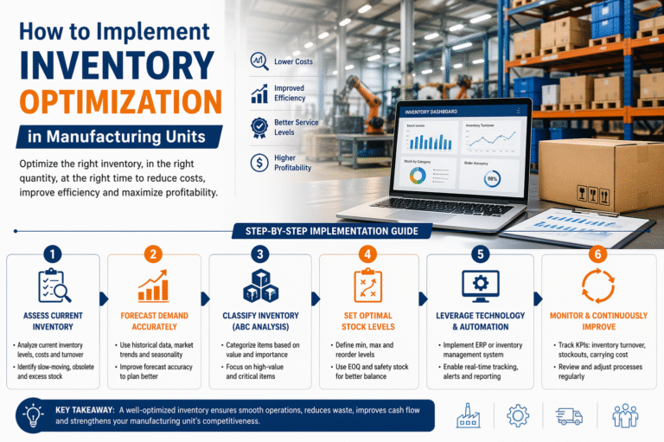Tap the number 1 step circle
[x=52, y=255]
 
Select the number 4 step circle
[x=368, y=254]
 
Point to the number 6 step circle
[x=597, y=255]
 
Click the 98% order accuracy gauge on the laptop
[x=493, y=178]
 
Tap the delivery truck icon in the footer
[x=569, y=415]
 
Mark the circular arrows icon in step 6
[x=597, y=286]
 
